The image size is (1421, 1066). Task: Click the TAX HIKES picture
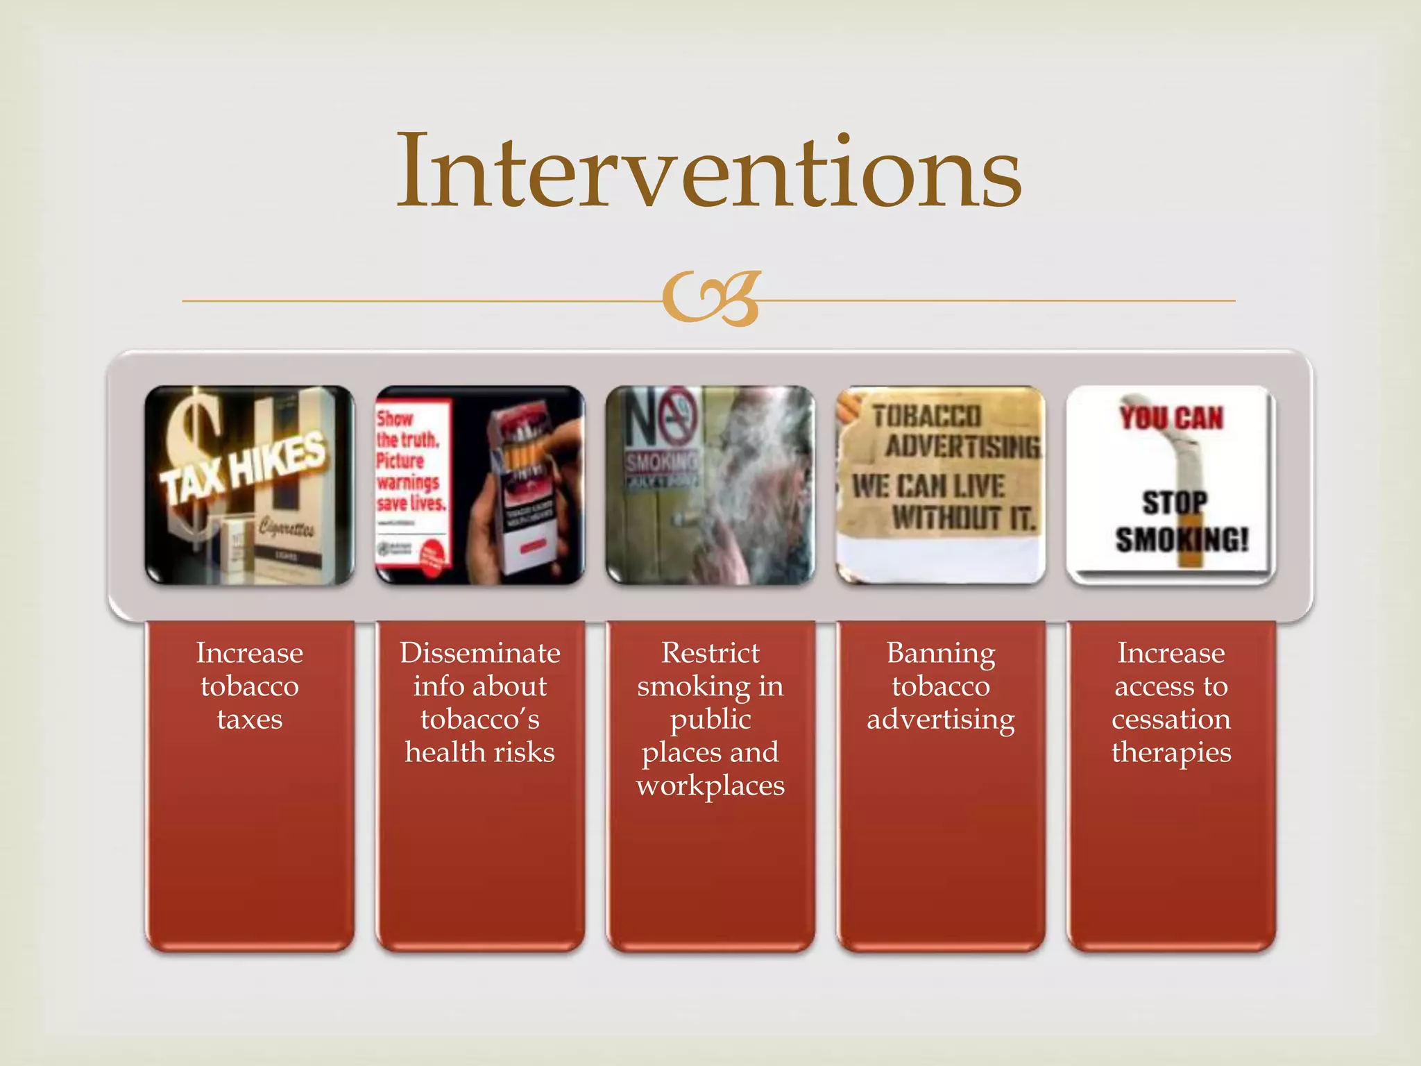pos(250,484)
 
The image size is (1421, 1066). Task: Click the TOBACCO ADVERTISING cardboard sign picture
pos(940,484)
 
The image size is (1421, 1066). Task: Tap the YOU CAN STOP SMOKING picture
pos(1171,484)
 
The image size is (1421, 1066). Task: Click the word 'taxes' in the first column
pos(250,719)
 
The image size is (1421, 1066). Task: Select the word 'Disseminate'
pos(480,653)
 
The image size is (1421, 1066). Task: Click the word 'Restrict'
pos(710,653)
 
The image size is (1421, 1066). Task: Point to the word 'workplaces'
pos(710,786)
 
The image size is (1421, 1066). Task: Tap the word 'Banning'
pos(940,654)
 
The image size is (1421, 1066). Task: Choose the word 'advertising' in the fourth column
pos(940,720)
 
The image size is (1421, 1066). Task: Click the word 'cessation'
pos(1171,719)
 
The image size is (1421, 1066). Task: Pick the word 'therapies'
pos(1171,752)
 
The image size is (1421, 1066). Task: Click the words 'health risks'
pos(480,752)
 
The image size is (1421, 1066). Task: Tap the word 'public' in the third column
pos(710,720)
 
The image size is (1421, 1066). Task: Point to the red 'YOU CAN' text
pos(1171,418)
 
